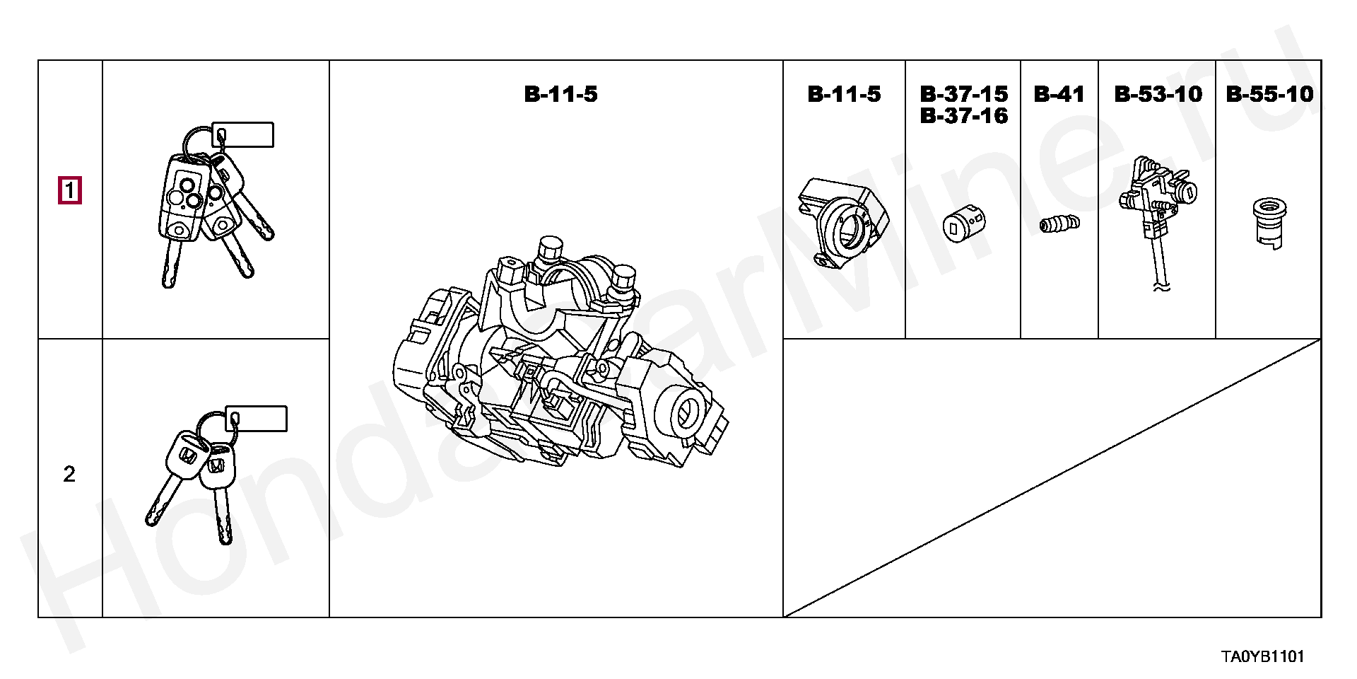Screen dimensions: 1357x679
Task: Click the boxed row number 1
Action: point(70,191)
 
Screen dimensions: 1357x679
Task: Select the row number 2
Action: point(69,475)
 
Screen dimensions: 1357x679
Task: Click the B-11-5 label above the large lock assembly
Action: point(560,94)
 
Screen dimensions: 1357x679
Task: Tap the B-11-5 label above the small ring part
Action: point(844,94)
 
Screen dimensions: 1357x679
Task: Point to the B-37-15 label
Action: point(964,94)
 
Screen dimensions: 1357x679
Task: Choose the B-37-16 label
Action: point(964,115)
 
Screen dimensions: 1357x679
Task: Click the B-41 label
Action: point(1059,94)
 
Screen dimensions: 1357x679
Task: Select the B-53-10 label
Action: point(1158,94)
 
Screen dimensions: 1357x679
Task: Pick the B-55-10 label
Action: point(1269,94)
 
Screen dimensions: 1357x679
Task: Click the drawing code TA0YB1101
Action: point(1263,656)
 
